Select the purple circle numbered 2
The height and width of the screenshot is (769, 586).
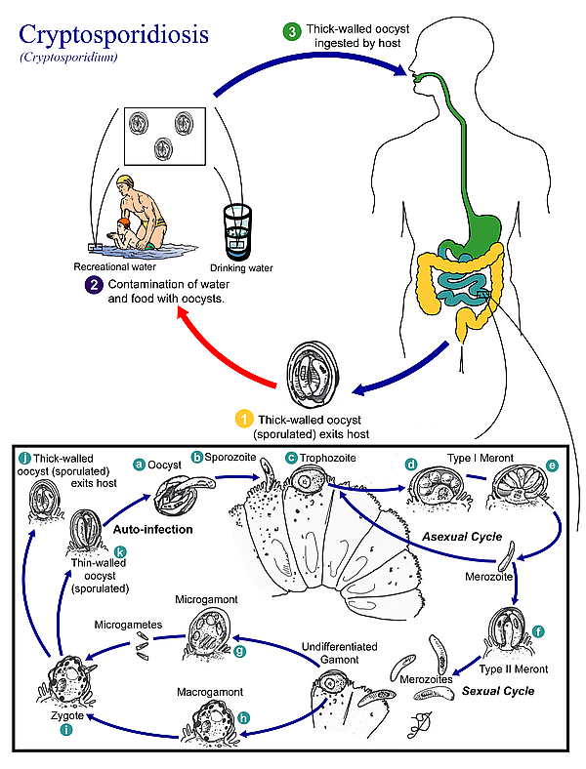(x=94, y=285)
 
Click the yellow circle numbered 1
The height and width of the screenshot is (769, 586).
(x=245, y=420)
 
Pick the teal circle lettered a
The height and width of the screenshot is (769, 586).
(x=139, y=465)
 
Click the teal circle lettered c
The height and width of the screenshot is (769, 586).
(x=291, y=458)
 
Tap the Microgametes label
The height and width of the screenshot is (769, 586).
(x=126, y=623)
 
